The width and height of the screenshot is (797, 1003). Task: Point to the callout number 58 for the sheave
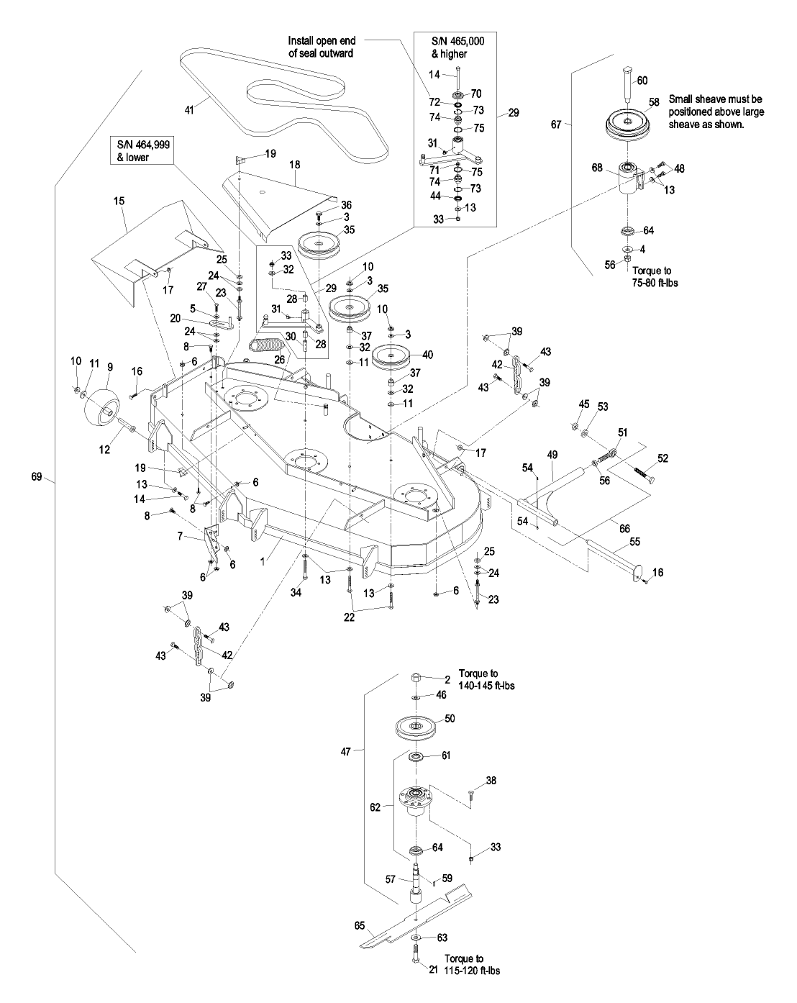click(653, 102)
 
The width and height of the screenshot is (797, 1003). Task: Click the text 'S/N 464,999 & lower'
click(139, 152)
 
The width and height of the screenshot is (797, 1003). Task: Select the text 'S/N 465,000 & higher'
click(448, 47)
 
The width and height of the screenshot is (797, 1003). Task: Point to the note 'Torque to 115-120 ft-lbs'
click(471, 964)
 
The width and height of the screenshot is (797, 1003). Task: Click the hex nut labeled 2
click(416, 678)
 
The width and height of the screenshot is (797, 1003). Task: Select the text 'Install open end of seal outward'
click(322, 47)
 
